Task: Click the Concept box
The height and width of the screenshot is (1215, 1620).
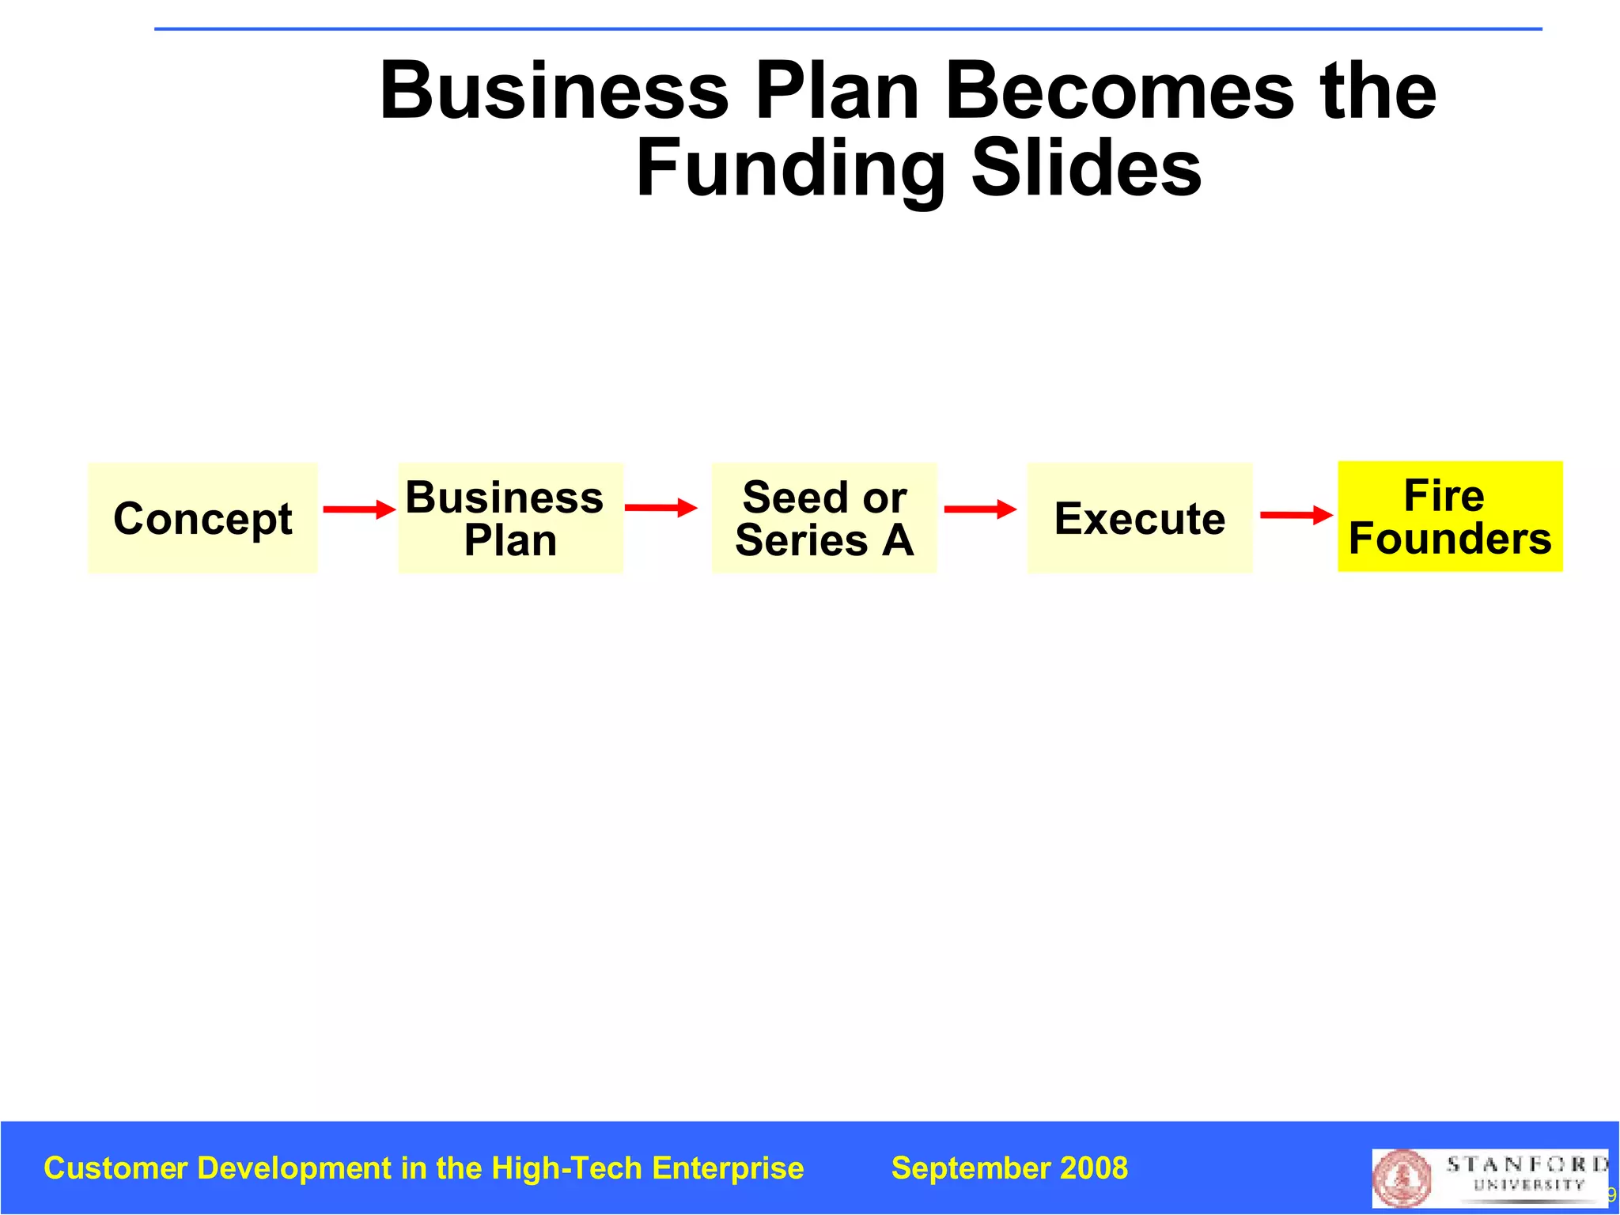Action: pyautogui.click(x=202, y=518)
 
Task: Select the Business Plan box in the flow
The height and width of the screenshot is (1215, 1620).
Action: pyautogui.click(x=510, y=518)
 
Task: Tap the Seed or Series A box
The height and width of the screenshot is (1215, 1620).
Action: pyautogui.click(x=824, y=518)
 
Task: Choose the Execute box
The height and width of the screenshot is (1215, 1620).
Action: pyautogui.click(x=1139, y=518)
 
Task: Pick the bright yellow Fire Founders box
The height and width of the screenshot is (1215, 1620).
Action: pyautogui.click(x=1450, y=517)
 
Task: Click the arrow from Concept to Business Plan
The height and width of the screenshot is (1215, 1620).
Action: pyautogui.click(x=358, y=509)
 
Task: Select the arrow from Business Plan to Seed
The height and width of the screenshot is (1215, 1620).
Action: pyautogui.click(x=660, y=508)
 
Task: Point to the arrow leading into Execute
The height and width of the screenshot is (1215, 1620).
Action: pyautogui.click(x=980, y=509)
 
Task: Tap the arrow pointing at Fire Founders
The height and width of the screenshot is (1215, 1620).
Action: pyautogui.click(x=1296, y=515)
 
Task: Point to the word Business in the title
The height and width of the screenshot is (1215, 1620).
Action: pyautogui.click(x=554, y=92)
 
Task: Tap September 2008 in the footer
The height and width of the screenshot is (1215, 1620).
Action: pyautogui.click(x=1009, y=1168)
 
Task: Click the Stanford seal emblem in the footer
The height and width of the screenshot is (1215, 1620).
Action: pyautogui.click(x=1402, y=1177)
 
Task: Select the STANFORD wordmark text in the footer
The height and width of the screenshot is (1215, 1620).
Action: pyautogui.click(x=1527, y=1164)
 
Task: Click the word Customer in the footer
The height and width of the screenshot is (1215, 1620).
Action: pyautogui.click(x=115, y=1168)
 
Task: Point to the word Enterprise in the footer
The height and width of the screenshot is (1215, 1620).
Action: pyautogui.click(x=728, y=1168)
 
